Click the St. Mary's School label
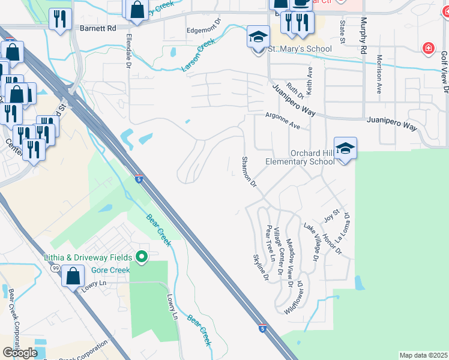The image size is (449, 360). coord(299,49)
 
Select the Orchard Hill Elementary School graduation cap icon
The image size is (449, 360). coord(345,149)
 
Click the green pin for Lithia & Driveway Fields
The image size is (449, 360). coord(142,257)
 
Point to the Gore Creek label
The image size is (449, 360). coord(110,270)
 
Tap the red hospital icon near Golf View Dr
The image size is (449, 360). coord(428,48)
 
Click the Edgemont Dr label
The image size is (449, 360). coord(204,30)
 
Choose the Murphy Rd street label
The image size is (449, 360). coord(363,36)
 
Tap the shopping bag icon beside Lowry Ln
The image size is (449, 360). coord(73,277)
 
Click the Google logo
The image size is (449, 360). coord(20,353)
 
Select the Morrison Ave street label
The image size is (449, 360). coord(379,75)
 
